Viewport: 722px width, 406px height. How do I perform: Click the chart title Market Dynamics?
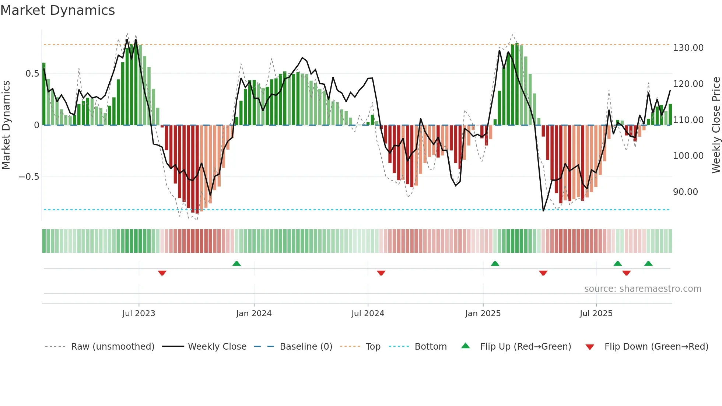coord(57,10)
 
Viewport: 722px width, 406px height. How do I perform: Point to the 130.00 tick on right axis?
coord(688,48)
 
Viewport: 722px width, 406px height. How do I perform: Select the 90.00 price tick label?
coord(685,192)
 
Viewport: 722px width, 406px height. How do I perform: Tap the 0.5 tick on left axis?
coord(32,74)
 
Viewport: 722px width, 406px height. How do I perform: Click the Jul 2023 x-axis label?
coord(139,314)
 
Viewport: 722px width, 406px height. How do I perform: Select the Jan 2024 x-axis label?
coord(253,314)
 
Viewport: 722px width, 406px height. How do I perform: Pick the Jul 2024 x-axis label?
coord(368,314)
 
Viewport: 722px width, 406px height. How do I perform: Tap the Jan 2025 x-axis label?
coord(483,314)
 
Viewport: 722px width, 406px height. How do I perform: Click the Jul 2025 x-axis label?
coord(596,314)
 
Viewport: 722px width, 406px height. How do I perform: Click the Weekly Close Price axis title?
coord(716,125)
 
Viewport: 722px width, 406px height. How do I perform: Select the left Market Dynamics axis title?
coord(6,125)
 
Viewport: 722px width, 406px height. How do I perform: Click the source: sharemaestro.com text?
coord(642,289)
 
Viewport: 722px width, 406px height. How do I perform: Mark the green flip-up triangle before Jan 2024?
coord(236,263)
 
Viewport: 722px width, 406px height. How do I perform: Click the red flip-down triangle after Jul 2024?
coord(381,273)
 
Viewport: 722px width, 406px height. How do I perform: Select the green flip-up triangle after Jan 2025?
coord(495,263)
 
